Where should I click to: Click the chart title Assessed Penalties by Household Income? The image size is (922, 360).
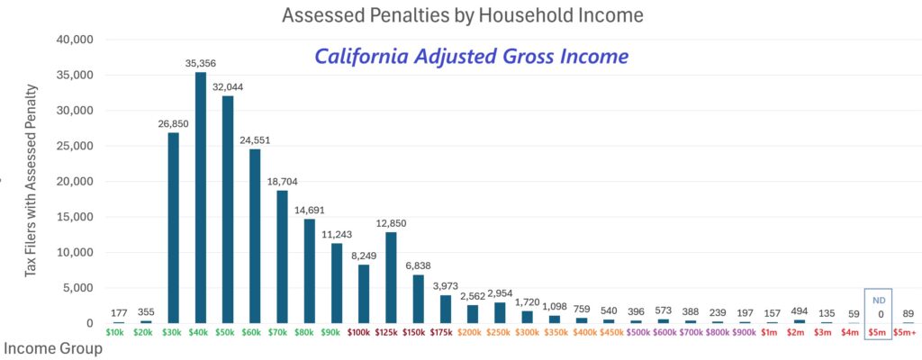pyautogui.click(x=460, y=15)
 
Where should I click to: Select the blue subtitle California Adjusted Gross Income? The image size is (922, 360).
pyautogui.click(x=470, y=56)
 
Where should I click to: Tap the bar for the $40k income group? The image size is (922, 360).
pyautogui.click(x=200, y=198)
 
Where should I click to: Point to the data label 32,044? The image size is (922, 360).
pyautogui.click(x=227, y=87)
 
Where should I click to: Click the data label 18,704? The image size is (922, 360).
pyautogui.click(x=282, y=182)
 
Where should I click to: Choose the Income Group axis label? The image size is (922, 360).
pyautogui.click(x=53, y=348)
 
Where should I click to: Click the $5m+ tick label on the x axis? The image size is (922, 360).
pyautogui.click(x=907, y=333)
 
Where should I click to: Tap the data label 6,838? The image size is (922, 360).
pyautogui.click(x=418, y=266)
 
